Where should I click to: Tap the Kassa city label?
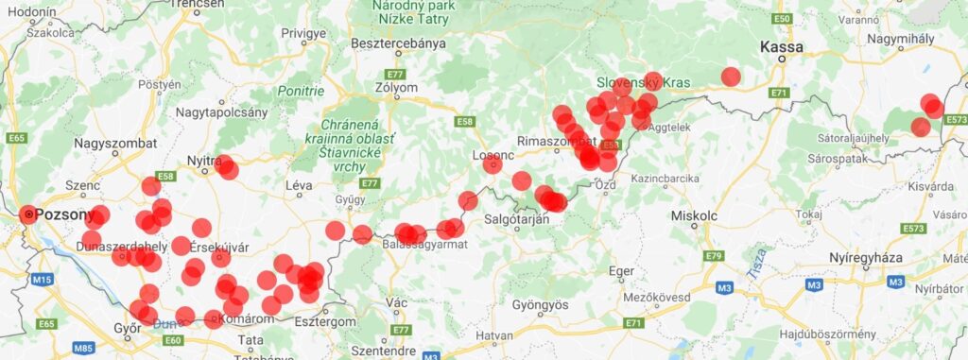tap(782, 47)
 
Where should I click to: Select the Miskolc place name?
tap(694, 215)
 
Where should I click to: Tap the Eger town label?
tap(621, 270)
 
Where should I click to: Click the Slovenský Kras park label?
tap(644, 83)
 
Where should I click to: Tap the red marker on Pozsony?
tap(28, 215)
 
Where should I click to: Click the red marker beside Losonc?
tap(493, 164)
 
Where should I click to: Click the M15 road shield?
tap(41, 280)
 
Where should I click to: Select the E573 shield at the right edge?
tap(956, 120)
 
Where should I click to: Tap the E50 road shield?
tap(781, 18)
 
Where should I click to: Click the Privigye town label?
tap(302, 33)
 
